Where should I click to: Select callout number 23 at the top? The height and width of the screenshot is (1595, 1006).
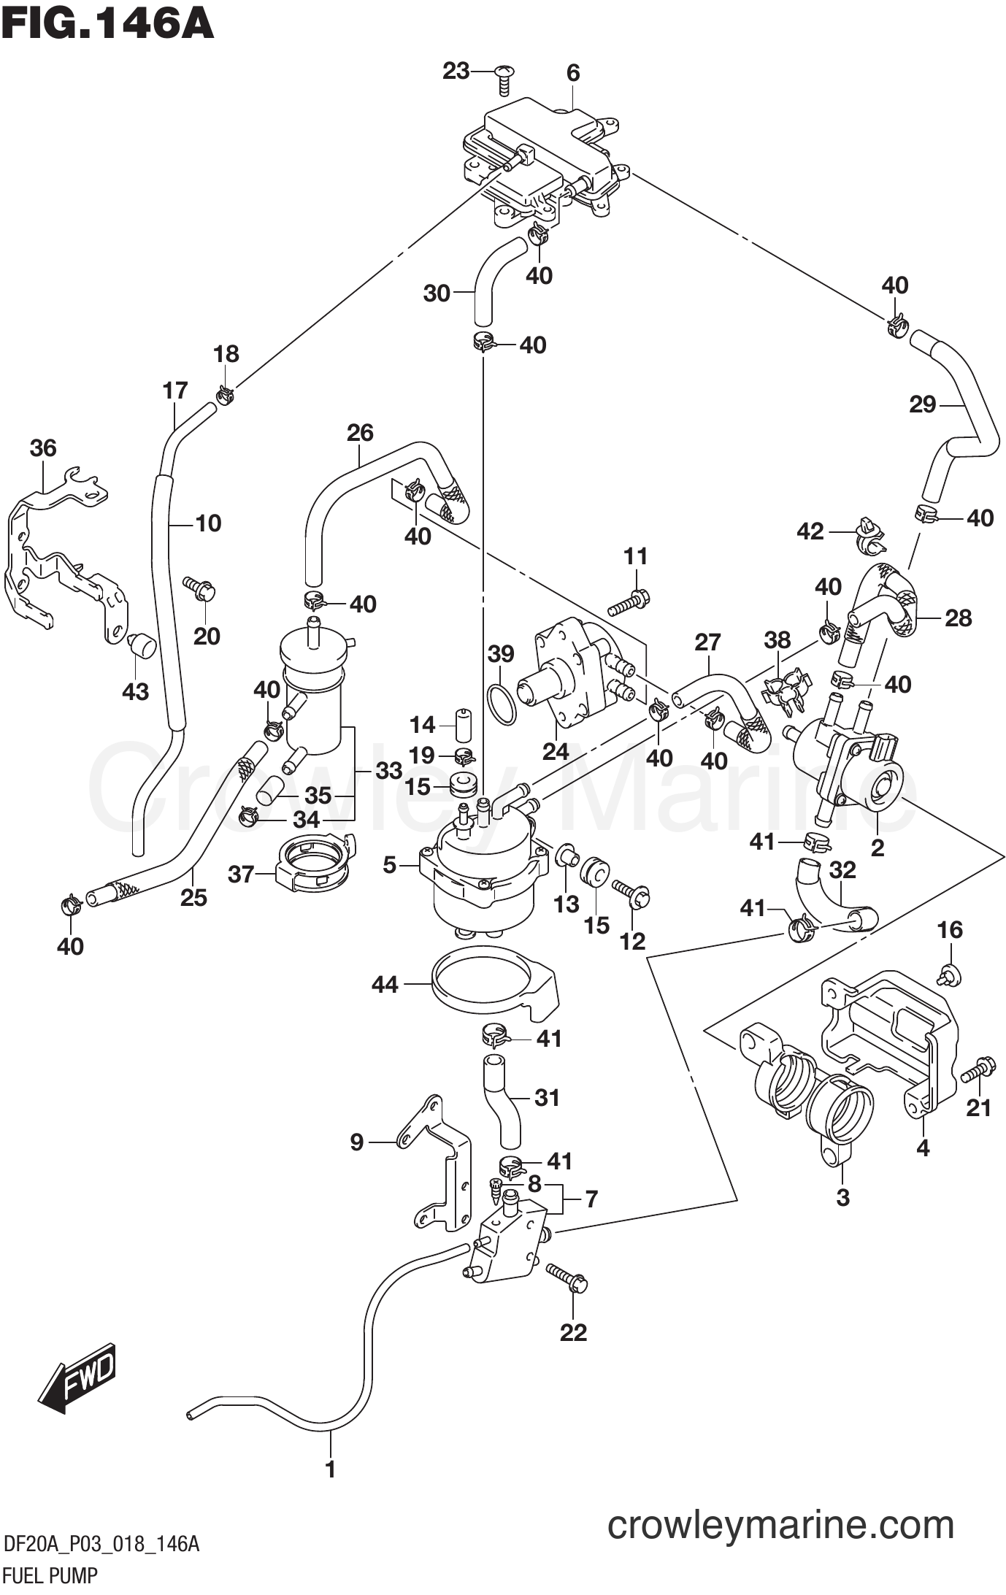456,71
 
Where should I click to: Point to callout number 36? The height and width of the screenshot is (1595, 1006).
43,447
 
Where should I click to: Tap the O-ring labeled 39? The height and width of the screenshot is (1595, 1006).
502,704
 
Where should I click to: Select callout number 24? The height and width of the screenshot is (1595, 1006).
555,750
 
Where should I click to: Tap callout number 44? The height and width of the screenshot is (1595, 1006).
385,985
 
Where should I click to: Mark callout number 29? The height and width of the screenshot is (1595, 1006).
922,404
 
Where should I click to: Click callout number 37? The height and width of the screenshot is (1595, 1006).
241,873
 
